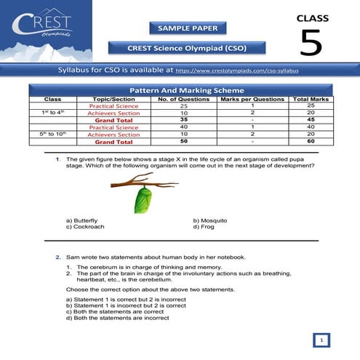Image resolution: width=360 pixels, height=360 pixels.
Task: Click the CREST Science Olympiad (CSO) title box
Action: (187, 48)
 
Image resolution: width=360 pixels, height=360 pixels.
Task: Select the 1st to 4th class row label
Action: (53, 112)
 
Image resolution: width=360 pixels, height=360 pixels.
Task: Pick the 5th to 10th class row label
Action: (53, 134)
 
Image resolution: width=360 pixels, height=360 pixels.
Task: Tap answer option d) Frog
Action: (204, 226)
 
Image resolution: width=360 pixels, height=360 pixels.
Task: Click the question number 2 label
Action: (59, 257)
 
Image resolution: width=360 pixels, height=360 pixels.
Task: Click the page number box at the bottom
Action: (321, 340)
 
